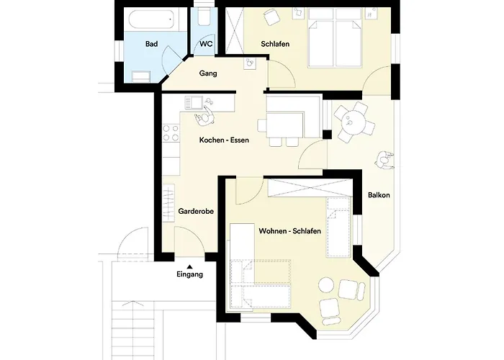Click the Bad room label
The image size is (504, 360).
pos(151,44)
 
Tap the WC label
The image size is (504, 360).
pos(206,44)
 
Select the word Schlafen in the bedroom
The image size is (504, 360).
pos(275,44)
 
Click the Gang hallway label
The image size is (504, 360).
pos(208,73)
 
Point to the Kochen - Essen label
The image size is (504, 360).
pos(224,140)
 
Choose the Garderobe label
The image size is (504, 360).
pos(196,212)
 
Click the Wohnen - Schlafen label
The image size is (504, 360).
pos(289,231)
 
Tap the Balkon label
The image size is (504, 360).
pos(379,195)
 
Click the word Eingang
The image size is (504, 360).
pos(189,274)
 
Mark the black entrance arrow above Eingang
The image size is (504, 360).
pos(189,266)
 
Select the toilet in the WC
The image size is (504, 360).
pos(204,17)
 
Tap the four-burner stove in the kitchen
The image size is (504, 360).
pos(171,133)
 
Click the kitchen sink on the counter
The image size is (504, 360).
pos(193,102)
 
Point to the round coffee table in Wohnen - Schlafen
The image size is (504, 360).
pos(326,285)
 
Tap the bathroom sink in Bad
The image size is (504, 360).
pos(140,76)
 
